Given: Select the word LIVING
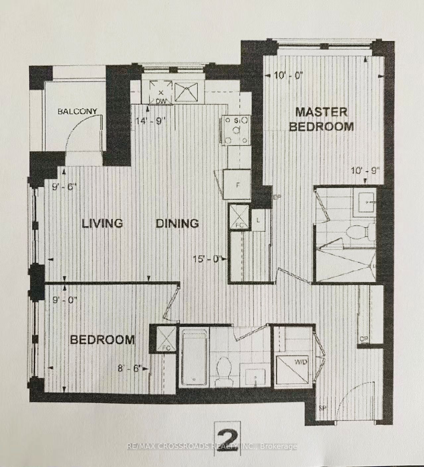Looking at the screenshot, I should [102, 223].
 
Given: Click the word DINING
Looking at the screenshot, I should [177, 223].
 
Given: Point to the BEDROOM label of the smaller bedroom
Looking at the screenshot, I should [103, 340].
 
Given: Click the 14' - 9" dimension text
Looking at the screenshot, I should [151, 121].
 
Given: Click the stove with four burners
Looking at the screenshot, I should [236, 130].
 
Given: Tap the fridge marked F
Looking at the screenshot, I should [237, 185].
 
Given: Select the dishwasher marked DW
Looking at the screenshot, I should [161, 93].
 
